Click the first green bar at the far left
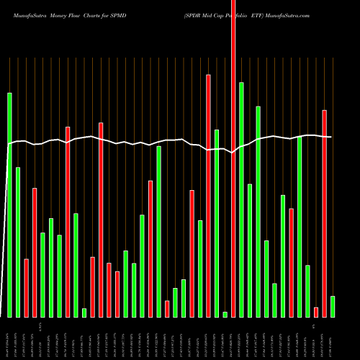click(x=9, y=205)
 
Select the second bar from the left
click(x=18, y=242)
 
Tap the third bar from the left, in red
click(x=26, y=288)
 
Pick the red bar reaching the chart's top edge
click(x=233, y=158)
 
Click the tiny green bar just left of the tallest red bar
click(x=225, y=314)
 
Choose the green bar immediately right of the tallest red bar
click(x=241, y=199)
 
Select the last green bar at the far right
click(x=332, y=306)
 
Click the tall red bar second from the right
click(x=324, y=213)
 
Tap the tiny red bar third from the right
click(x=315, y=312)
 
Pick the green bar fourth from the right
click(x=307, y=291)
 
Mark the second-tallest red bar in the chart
click(x=208, y=195)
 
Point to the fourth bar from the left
click(x=35, y=252)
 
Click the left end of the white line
click(x=8, y=144)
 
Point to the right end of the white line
click(x=331, y=137)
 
